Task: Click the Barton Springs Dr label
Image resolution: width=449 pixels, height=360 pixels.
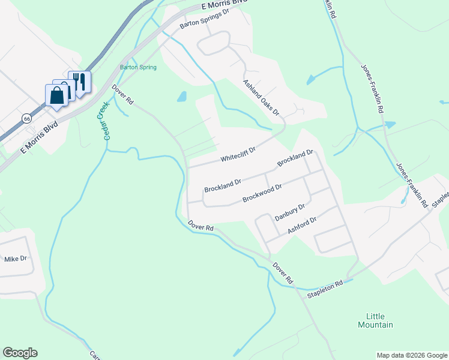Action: click(x=205, y=19)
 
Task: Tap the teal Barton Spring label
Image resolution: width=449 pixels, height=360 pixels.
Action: click(x=138, y=67)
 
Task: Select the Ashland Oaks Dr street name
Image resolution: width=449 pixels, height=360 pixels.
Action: click(x=261, y=97)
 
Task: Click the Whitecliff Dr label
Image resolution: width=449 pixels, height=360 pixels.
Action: click(x=238, y=154)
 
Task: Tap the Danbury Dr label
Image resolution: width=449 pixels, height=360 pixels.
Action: click(x=290, y=212)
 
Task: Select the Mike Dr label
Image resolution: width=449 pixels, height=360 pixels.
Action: click(x=16, y=259)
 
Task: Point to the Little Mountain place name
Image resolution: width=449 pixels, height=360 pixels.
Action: click(x=379, y=320)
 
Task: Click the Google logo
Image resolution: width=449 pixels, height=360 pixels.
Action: click(x=20, y=353)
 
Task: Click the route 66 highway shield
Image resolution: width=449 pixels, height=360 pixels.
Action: click(x=27, y=118)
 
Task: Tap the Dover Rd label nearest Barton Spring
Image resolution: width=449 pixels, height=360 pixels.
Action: click(x=122, y=94)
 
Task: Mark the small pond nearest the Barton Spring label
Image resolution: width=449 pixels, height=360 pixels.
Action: click(x=182, y=96)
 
